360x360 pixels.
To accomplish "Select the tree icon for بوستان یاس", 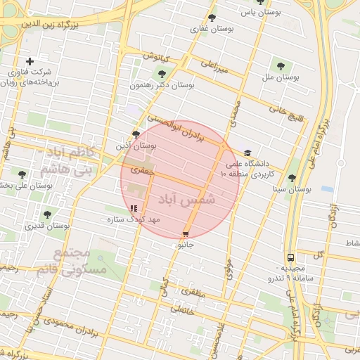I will [x=261, y=3].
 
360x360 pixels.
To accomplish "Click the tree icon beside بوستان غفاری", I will [x=213, y=18].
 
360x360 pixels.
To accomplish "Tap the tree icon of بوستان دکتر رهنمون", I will [x=162, y=72].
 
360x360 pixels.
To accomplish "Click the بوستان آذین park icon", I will [x=136, y=134].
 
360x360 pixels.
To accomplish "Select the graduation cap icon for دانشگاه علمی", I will [x=247, y=153].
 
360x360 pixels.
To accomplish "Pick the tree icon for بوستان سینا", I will [x=292, y=178].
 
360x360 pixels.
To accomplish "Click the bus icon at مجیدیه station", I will [x=290, y=257].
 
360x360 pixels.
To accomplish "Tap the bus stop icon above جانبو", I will [x=186, y=234].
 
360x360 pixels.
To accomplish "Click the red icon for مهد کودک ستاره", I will [x=134, y=208].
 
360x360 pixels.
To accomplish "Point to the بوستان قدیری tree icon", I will [x=47, y=214].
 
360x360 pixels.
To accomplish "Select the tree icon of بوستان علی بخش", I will [x=22, y=174].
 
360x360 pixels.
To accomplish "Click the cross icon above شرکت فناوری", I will [x=29, y=61].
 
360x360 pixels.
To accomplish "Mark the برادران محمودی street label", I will [x=64, y=326].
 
